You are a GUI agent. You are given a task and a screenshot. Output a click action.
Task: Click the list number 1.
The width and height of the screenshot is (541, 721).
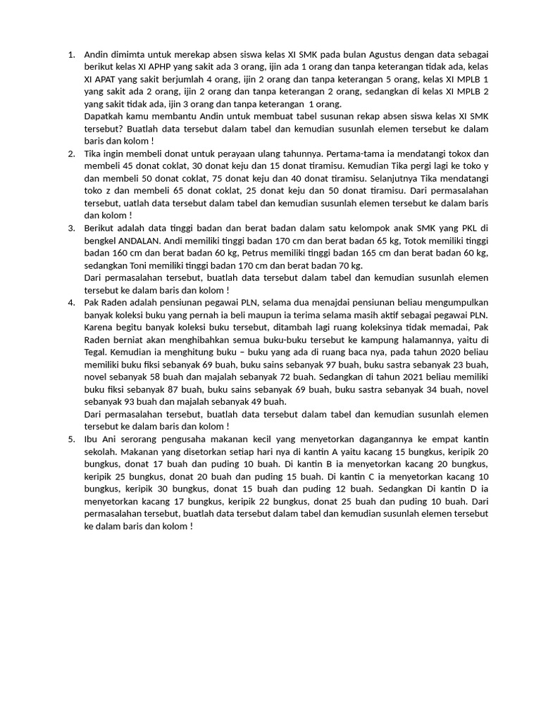[70, 55]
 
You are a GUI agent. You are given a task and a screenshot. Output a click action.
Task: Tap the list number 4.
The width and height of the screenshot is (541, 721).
[70, 303]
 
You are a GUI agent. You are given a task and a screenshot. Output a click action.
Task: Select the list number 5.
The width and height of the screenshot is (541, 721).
[70, 439]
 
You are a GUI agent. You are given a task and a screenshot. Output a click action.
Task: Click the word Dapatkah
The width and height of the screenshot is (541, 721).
[104, 117]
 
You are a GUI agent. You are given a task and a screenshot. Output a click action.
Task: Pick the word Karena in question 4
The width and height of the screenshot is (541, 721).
[100, 328]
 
